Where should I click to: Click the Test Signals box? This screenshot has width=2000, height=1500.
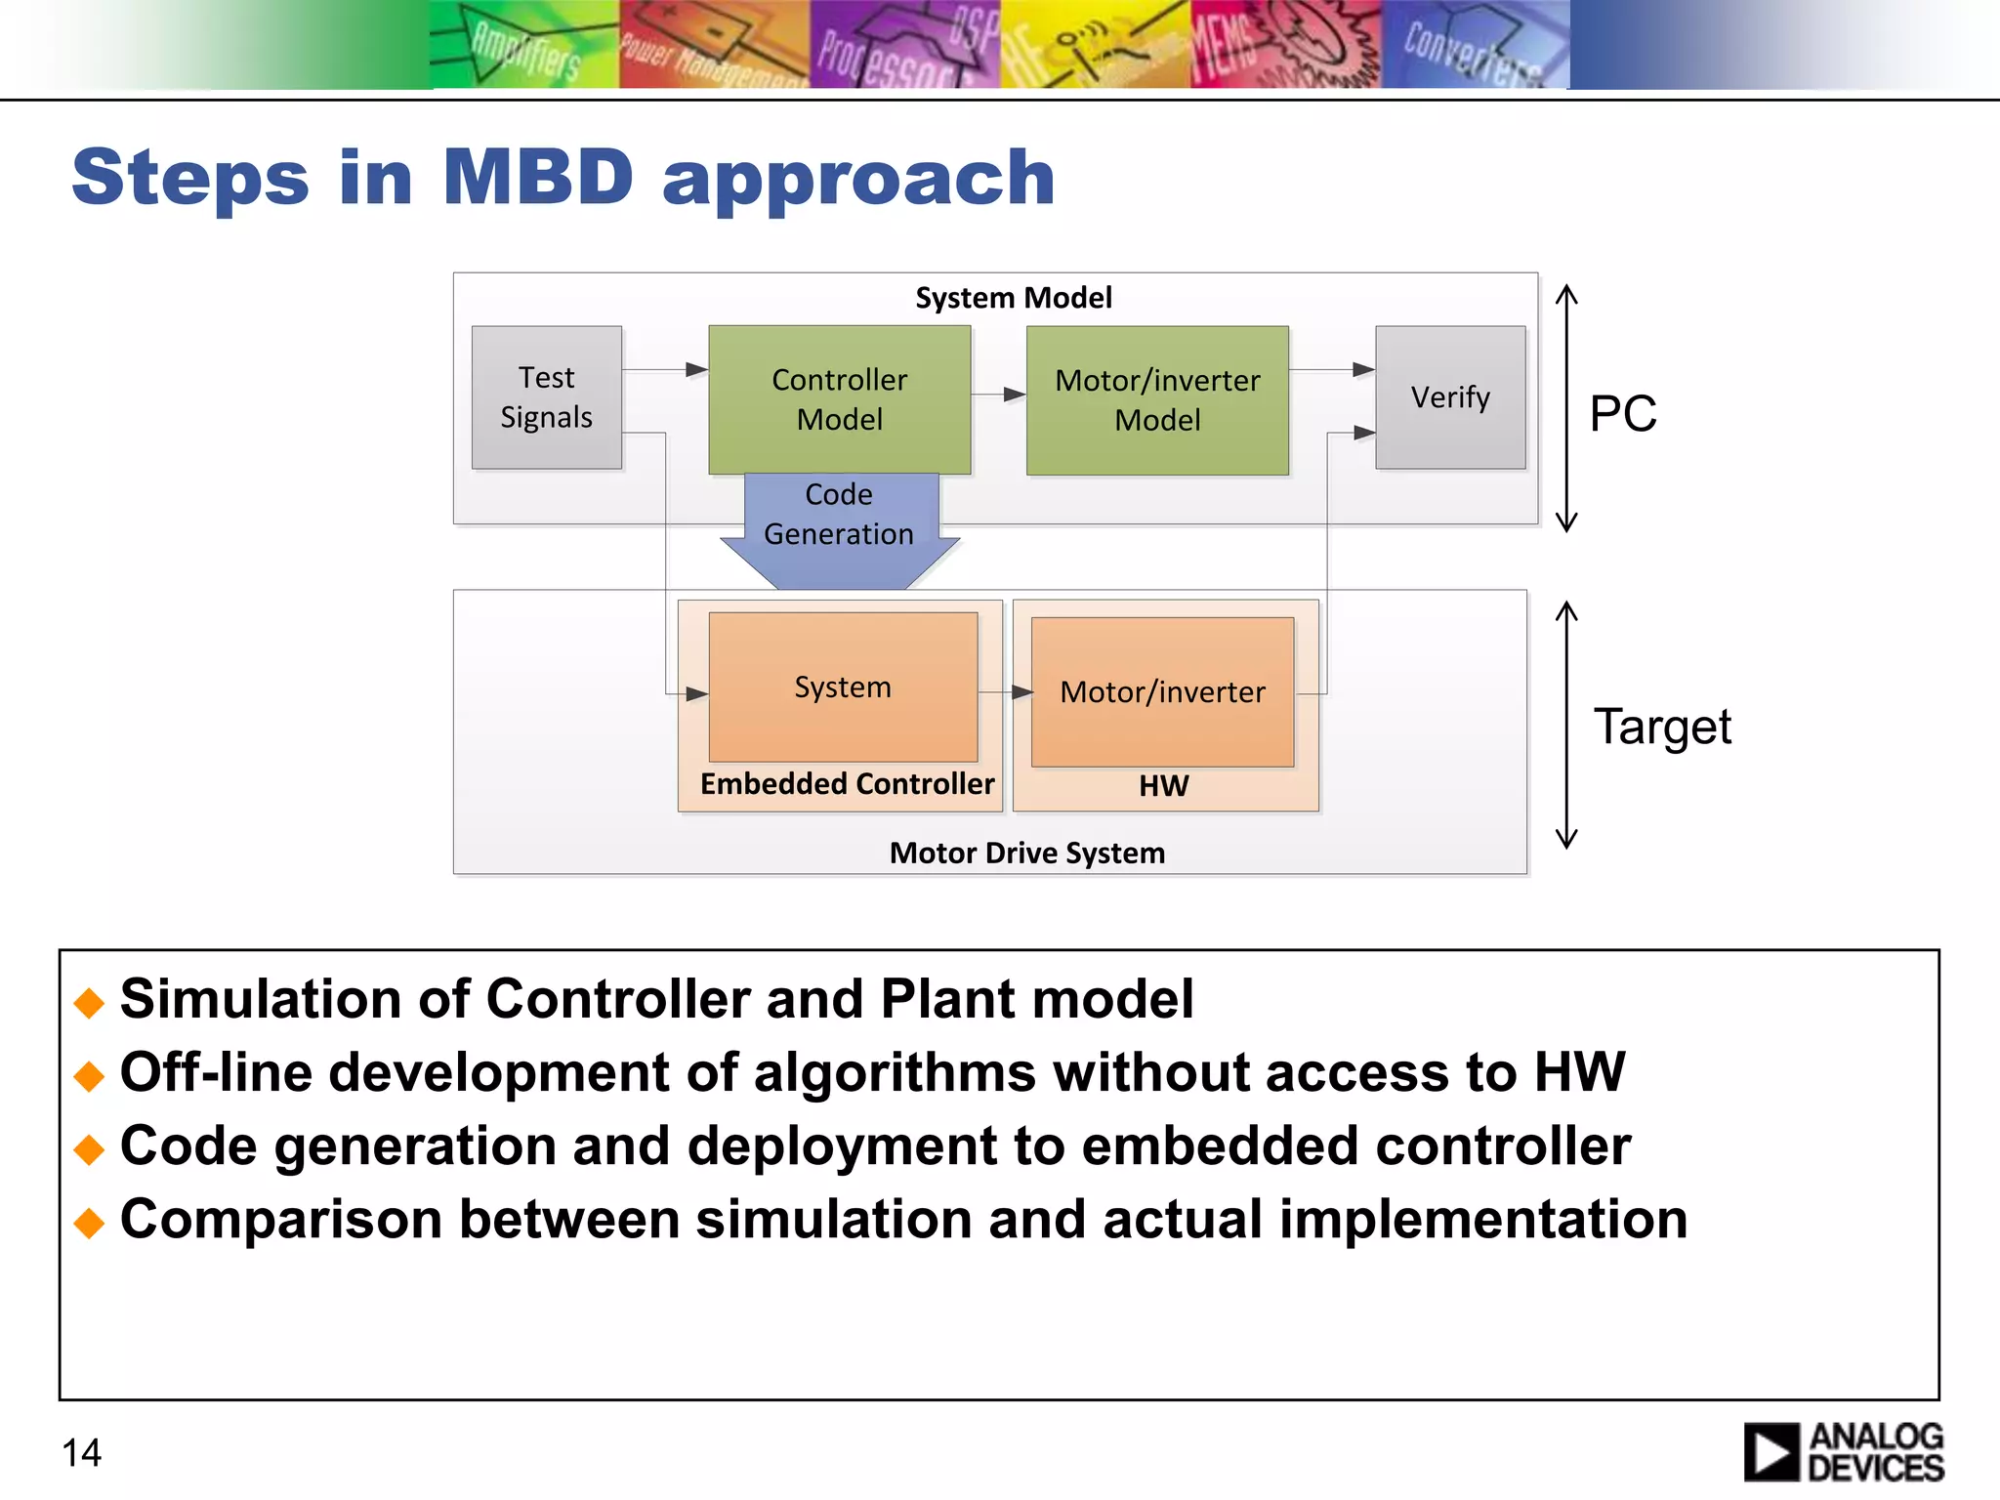[x=546, y=396]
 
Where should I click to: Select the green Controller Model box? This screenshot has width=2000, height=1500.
[x=839, y=399]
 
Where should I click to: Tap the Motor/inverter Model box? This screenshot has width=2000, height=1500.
[x=1157, y=400]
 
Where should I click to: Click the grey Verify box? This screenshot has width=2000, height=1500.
[x=1450, y=396]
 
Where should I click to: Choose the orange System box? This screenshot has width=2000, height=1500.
[x=843, y=687]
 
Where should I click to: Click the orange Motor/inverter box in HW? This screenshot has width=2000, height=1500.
[x=1162, y=691]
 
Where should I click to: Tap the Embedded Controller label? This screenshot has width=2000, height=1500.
[x=847, y=784]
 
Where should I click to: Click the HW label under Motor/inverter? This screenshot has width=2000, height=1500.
[x=1163, y=786]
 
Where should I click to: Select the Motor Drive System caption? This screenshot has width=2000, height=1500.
[x=1026, y=854]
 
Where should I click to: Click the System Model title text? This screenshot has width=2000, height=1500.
[x=1013, y=298]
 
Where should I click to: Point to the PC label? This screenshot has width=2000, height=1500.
[x=1622, y=413]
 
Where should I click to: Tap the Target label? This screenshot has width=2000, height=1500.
[x=1662, y=727]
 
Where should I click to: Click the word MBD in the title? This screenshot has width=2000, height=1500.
[x=538, y=178]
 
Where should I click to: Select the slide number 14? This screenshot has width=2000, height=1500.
[x=81, y=1452]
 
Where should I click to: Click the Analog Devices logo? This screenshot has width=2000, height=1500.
[x=1843, y=1452]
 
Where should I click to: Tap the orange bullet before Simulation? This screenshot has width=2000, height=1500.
[x=89, y=1002]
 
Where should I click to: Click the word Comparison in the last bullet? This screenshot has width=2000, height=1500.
[x=280, y=1220]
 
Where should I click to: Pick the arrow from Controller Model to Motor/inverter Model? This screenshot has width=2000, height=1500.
[x=998, y=395]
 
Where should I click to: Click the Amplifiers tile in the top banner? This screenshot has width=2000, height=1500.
[x=524, y=47]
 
